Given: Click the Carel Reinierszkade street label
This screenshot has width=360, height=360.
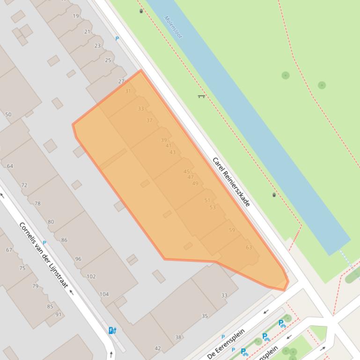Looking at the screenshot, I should [x=231, y=181].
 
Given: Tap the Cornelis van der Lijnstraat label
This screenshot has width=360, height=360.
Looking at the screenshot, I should [x=44, y=255].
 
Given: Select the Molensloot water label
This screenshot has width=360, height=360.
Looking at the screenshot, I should [x=173, y=27].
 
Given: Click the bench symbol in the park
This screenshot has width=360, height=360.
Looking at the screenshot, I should [x=201, y=96].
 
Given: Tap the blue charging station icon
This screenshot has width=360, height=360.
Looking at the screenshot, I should [x=112, y=331].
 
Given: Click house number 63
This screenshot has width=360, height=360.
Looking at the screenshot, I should [x=249, y=247].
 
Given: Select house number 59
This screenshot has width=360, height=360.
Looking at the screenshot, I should [x=232, y=230].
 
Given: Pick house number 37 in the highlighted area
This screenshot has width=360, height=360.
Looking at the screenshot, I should [x=149, y=120].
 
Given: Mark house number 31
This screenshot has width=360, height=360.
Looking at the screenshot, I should [x=128, y=91].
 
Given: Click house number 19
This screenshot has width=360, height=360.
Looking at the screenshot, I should [x=76, y=16].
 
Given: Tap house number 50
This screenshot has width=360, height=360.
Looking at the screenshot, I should [x=8, y=115].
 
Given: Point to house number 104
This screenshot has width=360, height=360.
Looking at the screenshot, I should [x=104, y=294].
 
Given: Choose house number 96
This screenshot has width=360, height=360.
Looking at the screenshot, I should [x=78, y=259].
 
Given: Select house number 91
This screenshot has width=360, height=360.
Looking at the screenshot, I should [x=59, y=315].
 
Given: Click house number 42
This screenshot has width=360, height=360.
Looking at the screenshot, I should [x=158, y=348].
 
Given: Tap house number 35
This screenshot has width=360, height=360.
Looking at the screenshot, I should [x=205, y=316].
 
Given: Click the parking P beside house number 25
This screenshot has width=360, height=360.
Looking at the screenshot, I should [x=117, y=39].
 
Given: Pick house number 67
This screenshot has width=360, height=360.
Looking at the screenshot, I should [x=9, y=250].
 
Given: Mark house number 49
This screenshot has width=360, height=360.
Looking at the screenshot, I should [x=195, y=183].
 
